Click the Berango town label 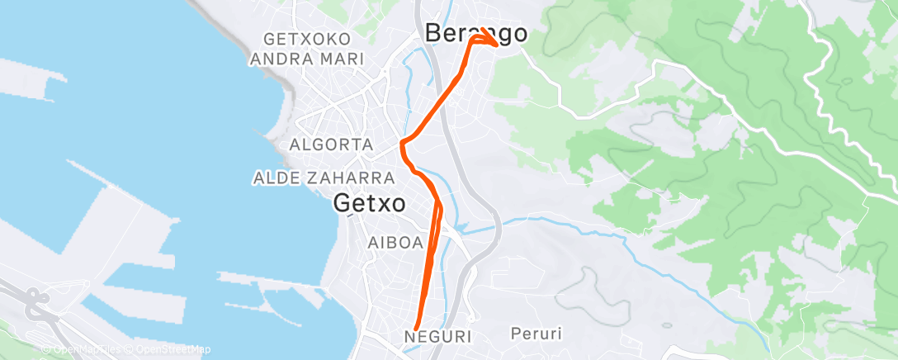point(475,33)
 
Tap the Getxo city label point(370,203)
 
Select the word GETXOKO point(306,40)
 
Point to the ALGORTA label point(332,144)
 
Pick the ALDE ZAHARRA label point(324,178)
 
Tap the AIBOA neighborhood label point(395,243)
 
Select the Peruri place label point(537,334)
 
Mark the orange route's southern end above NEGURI point(414,329)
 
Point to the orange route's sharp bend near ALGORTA point(402,144)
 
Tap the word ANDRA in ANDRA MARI point(279,59)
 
